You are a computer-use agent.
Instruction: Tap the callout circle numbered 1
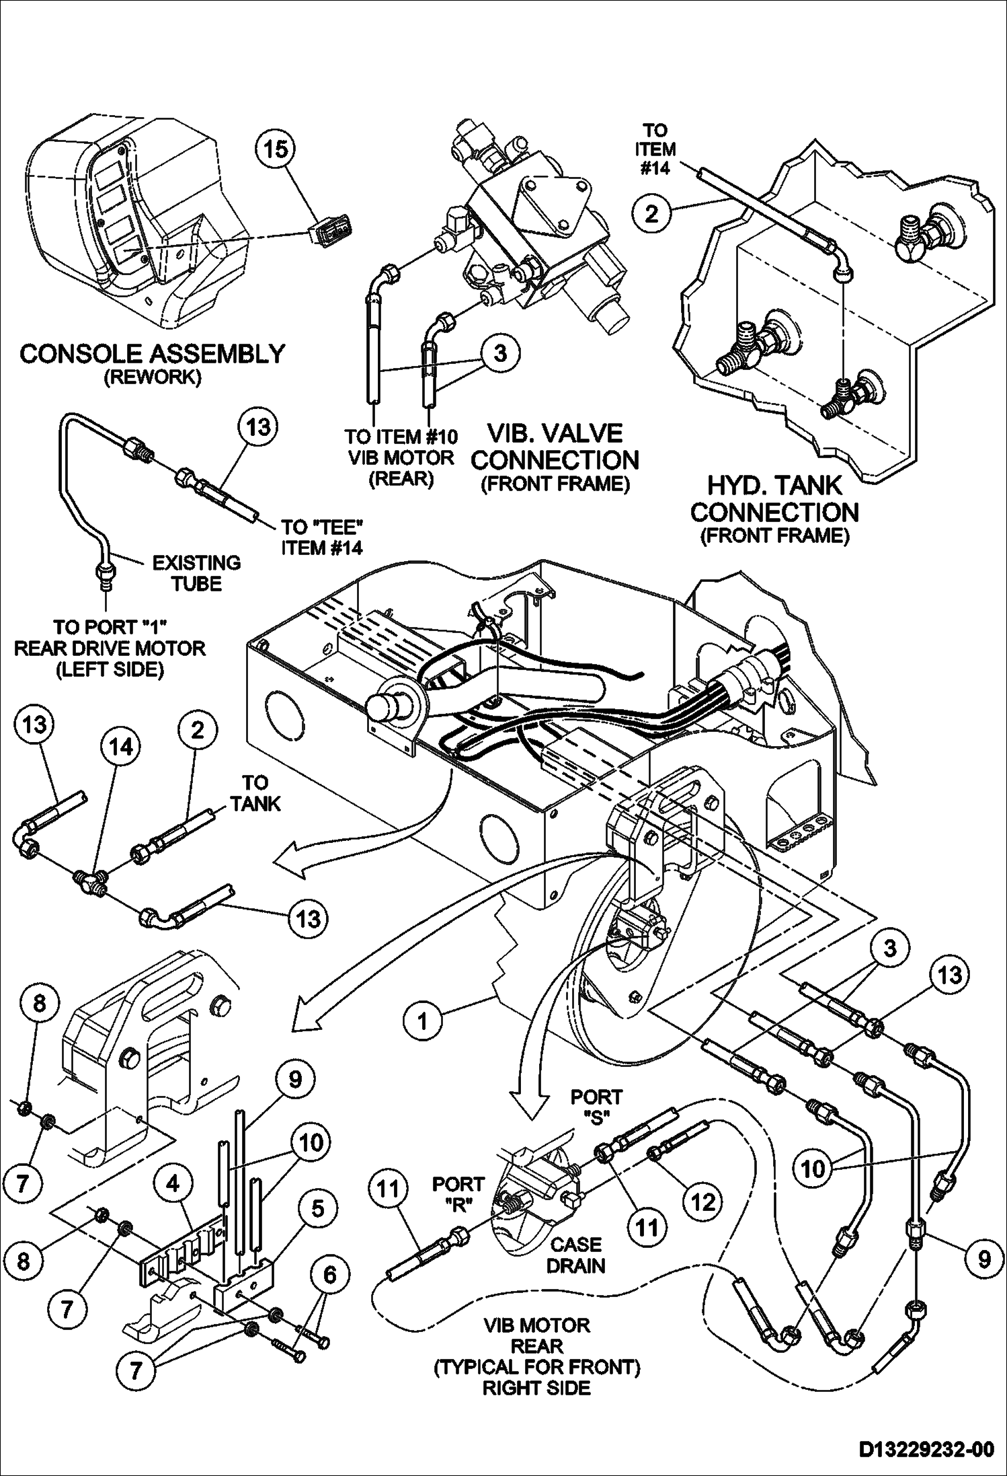pos(422,1021)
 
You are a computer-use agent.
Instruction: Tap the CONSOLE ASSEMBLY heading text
pos(152,353)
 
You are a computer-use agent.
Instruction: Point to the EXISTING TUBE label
pos(196,573)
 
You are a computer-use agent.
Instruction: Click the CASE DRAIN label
pos(575,1255)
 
